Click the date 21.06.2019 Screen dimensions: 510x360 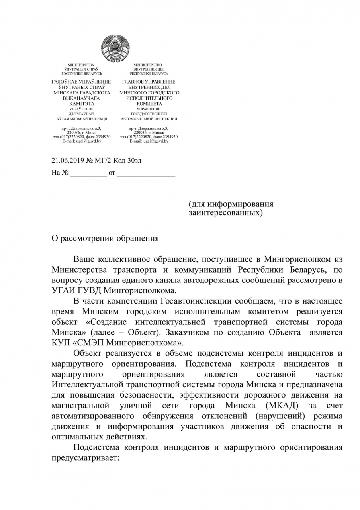coord(67,161)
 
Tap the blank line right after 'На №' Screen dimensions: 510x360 coord(88,173)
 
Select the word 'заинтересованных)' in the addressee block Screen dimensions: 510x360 coord(226,213)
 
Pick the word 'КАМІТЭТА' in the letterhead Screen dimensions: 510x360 coord(81,104)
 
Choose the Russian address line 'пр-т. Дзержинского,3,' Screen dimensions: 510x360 coord(149,128)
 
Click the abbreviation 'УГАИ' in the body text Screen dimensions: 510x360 coord(62,290)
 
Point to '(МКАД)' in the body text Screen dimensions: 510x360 coord(281,406)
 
